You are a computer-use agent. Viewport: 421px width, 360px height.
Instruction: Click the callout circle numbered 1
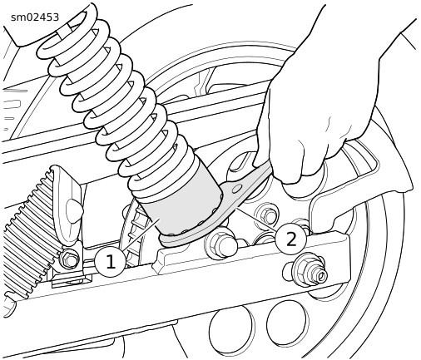click(x=111, y=262)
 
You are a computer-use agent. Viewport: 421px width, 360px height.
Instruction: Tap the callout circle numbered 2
click(x=291, y=239)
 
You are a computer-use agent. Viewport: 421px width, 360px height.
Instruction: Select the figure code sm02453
click(x=35, y=17)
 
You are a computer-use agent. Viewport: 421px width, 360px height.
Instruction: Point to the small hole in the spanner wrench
click(x=237, y=190)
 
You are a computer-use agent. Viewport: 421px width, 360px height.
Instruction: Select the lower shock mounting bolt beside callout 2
click(x=221, y=244)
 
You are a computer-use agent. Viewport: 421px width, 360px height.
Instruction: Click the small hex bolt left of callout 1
click(x=68, y=259)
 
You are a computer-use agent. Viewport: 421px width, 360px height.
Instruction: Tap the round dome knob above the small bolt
click(x=74, y=210)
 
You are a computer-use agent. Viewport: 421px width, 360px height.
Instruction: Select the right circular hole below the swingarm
click(x=288, y=322)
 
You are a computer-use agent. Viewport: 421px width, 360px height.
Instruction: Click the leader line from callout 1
click(x=140, y=234)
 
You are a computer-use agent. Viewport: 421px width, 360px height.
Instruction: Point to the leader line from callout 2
click(x=256, y=220)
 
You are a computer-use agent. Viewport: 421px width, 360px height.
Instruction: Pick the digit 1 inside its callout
click(x=111, y=262)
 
